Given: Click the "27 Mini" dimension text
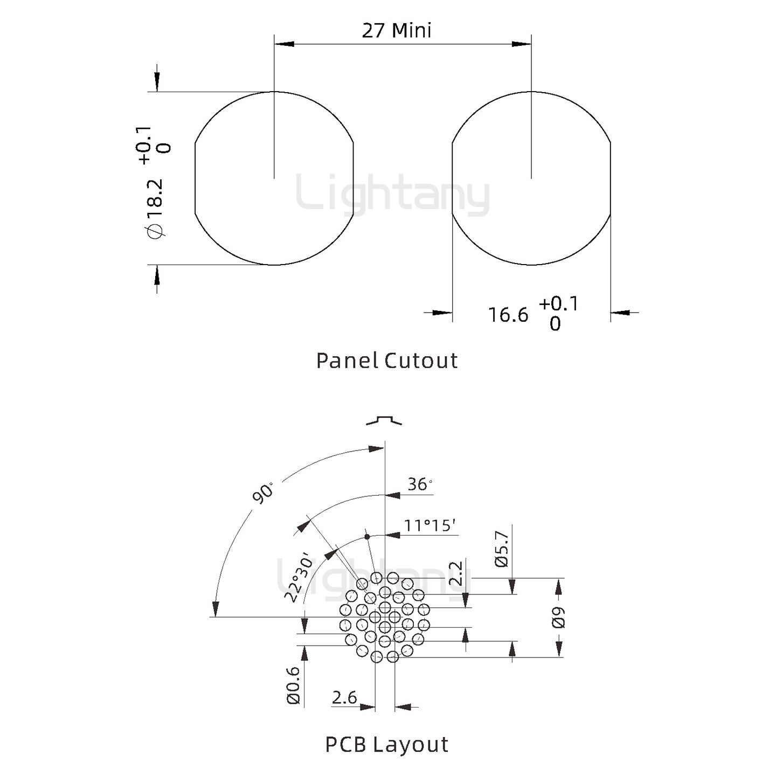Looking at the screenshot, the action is pyautogui.click(x=397, y=31).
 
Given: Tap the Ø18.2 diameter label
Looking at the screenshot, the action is pyautogui.click(x=156, y=208).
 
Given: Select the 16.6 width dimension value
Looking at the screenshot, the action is pyautogui.click(x=508, y=315).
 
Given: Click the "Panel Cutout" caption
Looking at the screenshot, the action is pyautogui.click(x=387, y=361).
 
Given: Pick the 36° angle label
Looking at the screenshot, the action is pyautogui.click(x=420, y=484).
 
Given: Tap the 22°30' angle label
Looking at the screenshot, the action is pyautogui.click(x=299, y=579).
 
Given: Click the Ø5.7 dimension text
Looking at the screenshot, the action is pyautogui.click(x=503, y=549).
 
